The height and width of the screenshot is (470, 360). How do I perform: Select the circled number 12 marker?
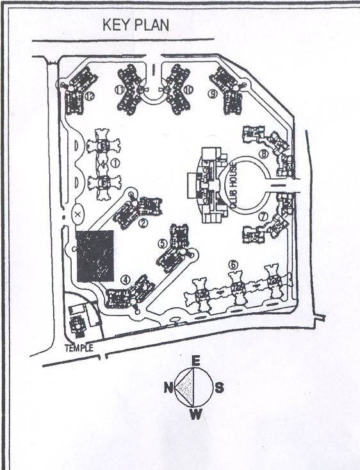click(89, 96)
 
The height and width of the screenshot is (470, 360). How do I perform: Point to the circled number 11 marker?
click(119, 90)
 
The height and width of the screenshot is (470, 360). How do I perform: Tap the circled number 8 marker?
click(262, 154)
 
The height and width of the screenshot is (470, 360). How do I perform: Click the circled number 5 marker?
click(163, 243)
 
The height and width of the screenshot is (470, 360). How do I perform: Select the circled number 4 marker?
click(126, 280)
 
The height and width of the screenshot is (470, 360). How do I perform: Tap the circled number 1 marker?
click(115, 163)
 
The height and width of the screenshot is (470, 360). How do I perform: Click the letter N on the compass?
click(168, 387)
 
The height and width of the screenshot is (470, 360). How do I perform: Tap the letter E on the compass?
click(196, 361)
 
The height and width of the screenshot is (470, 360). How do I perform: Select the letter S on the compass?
click(220, 387)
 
